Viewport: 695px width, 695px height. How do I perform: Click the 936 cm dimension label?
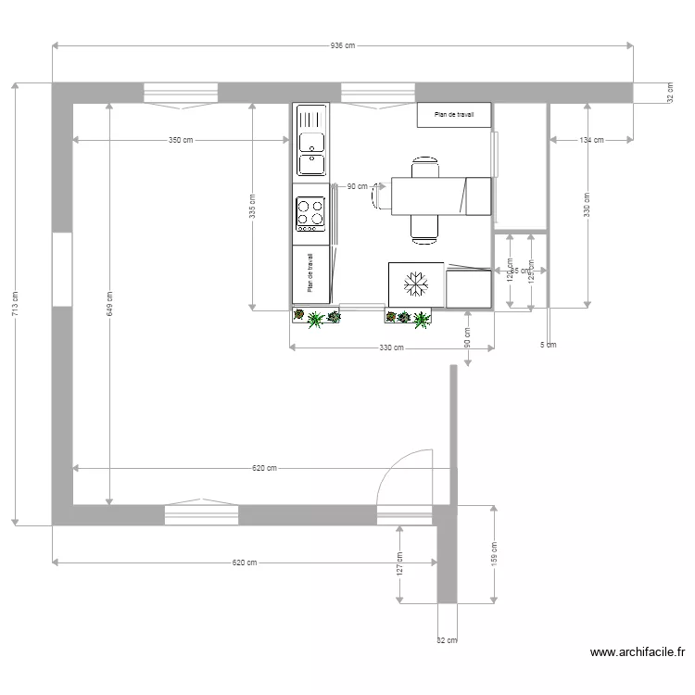point(342,45)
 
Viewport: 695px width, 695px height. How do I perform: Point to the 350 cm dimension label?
point(181,141)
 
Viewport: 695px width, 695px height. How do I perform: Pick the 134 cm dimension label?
point(591,141)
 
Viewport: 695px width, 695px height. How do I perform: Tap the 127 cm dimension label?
point(399,565)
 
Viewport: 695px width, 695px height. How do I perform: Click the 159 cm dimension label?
point(495,554)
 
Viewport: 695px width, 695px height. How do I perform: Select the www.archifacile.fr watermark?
point(641,652)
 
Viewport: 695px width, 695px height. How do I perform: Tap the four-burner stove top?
point(310,213)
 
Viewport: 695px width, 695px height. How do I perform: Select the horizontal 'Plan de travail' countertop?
point(453,115)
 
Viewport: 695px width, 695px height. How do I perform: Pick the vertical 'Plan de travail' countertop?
point(310,273)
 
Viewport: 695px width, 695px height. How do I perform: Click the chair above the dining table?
point(425,167)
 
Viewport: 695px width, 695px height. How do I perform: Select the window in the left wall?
point(62,269)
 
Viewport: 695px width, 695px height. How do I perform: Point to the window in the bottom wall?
point(201,512)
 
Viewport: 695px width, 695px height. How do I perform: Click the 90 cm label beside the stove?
point(356,186)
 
